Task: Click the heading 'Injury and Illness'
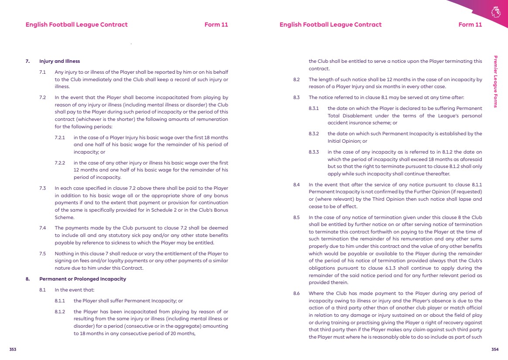59,61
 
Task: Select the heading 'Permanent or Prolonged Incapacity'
82,278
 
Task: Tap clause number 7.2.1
60,137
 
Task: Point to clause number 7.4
43,228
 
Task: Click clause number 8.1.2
60,312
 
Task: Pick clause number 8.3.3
314,152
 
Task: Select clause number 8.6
296,293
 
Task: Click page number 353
13,349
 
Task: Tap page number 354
494,349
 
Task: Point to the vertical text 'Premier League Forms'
495,81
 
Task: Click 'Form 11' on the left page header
216,24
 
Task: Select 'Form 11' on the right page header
470,24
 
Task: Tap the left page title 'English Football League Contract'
76,24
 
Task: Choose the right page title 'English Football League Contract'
330,24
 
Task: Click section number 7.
28,61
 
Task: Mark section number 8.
28,278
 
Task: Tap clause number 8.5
296,217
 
